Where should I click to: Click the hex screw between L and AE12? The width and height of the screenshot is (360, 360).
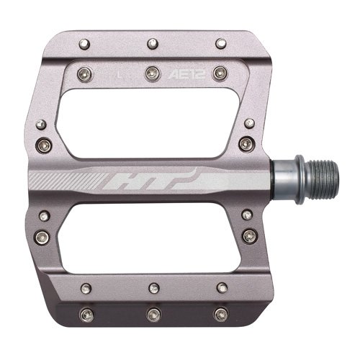(152, 72)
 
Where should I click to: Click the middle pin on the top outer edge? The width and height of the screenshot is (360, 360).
(152, 44)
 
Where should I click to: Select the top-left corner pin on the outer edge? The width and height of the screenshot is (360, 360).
(85, 44)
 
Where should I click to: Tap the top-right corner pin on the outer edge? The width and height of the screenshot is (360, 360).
(219, 44)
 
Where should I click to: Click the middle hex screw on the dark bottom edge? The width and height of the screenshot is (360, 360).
(153, 315)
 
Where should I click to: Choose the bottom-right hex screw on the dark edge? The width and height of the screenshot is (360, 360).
(220, 314)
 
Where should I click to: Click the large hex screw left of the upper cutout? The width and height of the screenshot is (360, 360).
(43, 143)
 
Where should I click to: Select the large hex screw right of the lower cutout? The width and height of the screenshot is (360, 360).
(249, 236)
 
